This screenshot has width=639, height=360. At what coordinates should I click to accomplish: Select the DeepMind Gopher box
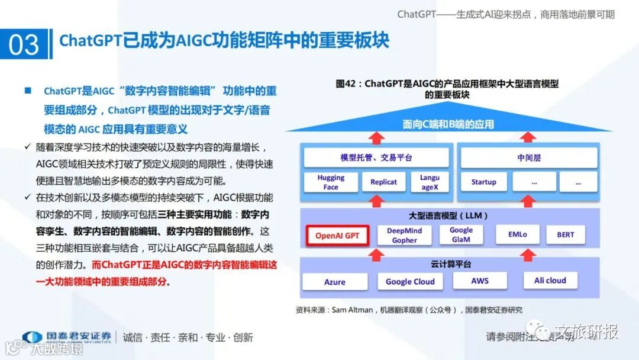[404, 235]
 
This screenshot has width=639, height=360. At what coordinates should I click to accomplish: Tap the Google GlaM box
[461, 234]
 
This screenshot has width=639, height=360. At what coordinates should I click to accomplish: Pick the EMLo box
[517, 234]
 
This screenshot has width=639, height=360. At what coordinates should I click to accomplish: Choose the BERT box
[565, 234]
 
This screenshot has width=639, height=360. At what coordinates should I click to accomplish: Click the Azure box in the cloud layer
[335, 282]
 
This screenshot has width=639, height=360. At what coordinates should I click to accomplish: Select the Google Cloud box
[410, 282]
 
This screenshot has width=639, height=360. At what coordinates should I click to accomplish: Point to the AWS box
[480, 281]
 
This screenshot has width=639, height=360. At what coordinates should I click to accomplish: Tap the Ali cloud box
[550, 281]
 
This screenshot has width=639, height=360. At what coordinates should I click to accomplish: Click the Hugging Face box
[331, 182]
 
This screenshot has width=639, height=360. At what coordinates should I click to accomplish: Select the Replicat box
[383, 182]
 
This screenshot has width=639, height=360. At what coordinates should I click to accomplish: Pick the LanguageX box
[430, 182]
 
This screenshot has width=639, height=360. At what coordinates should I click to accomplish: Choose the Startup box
[483, 182]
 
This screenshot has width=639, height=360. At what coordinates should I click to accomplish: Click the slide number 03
[24, 45]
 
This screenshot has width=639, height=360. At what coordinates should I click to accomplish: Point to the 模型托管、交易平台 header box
[376, 158]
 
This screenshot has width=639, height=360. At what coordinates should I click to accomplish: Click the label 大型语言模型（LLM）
[448, 216]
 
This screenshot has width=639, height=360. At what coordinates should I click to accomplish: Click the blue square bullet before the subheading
[27, 91]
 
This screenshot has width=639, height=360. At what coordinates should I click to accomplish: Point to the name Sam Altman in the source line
[351, 310]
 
